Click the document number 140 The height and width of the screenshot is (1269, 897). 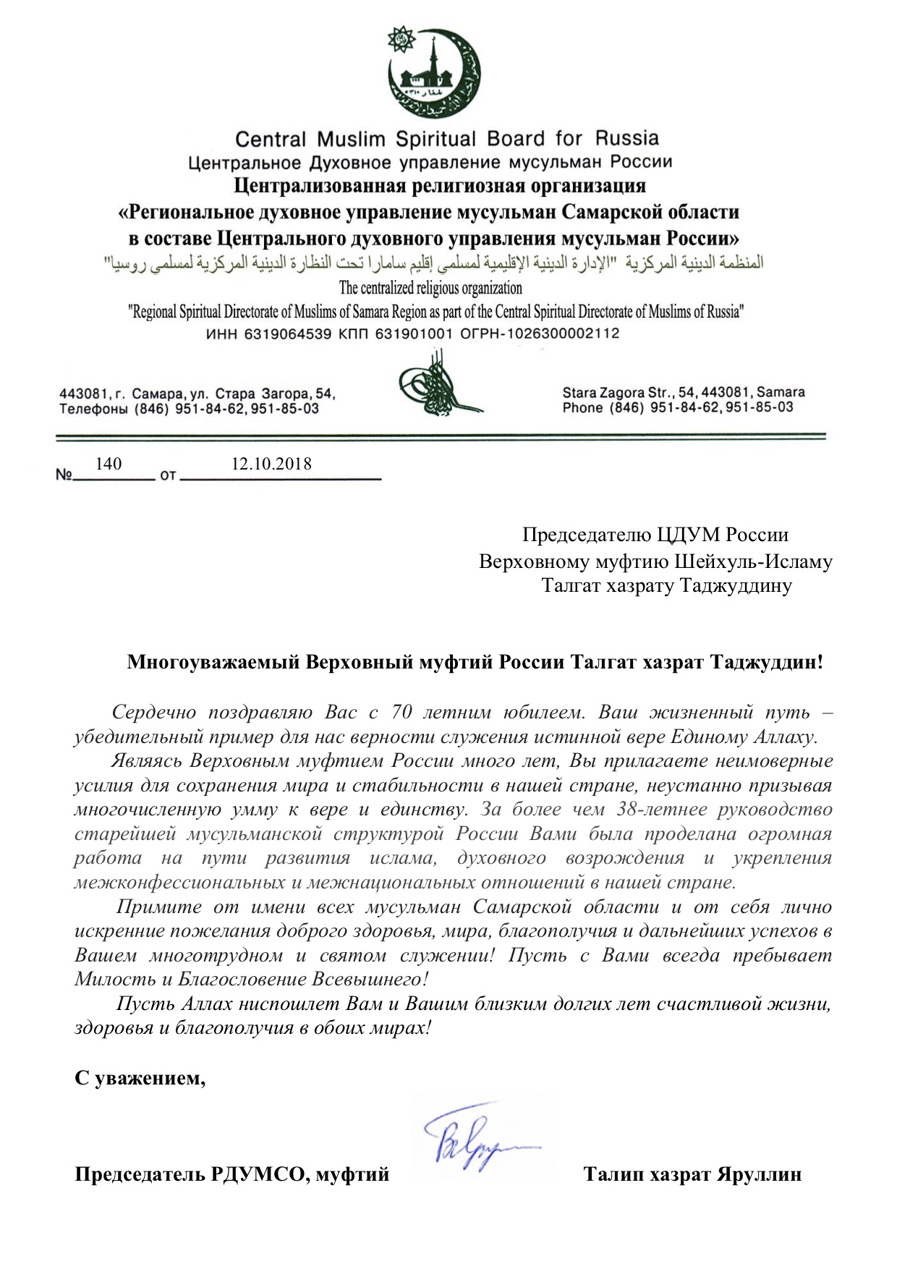[109, 464]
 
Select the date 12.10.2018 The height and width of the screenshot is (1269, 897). [271, 464]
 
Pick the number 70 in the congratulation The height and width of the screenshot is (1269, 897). [401, 712]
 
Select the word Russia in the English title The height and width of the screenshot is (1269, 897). [627, 137]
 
